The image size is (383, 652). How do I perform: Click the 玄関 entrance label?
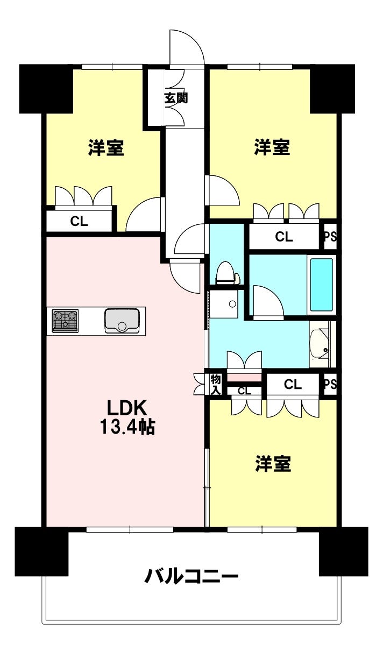click(x=176, y=98)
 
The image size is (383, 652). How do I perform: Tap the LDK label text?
click(x=126, y=408)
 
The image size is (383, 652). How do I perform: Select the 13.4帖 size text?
click(x=127, y=427)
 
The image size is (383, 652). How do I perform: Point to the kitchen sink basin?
click(x=122, y=321)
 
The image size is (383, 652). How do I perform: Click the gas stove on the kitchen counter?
click(x=65, y=321)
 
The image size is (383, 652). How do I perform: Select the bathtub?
click(x=321, y=285)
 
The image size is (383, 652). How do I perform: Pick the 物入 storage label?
click(x=216, y=385)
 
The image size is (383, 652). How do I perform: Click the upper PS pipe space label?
click(x=331, y=236)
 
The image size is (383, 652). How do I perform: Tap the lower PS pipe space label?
click(x=331, y=385)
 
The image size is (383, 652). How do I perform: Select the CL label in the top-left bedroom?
click(x=79, y=222)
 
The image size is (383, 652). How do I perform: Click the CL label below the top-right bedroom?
click(x=284, y=237)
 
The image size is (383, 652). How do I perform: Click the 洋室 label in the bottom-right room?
click(x=273, y=463)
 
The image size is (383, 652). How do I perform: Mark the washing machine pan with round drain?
click(x=224, y=304)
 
